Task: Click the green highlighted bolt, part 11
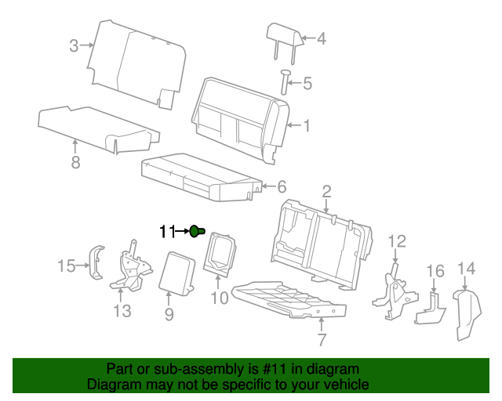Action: click(x=196, y=231)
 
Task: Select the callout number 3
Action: click(x=74, y=46)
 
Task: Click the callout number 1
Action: click(x=307, y=125)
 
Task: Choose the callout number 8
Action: click(x=75, y=163)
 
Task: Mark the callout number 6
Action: click(x=282, y=186)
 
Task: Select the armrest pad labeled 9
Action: click(x=179, y=271)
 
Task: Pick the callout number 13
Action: click(x=122, y=312)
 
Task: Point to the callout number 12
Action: click(x=398, y=241)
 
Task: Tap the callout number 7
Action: click(x=321, y=340)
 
